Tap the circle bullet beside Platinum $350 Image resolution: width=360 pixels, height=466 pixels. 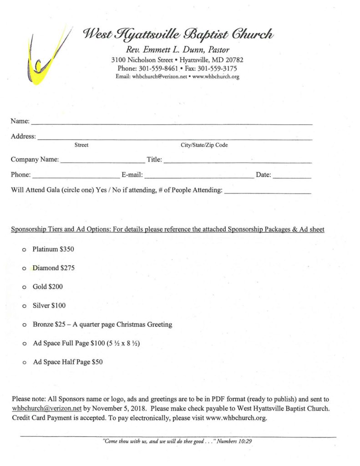pos(24,250)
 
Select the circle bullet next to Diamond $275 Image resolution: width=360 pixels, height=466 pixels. pos(24,269)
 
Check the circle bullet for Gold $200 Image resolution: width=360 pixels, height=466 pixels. pos(24,288)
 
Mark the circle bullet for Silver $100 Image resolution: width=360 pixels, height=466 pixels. pos(24,306)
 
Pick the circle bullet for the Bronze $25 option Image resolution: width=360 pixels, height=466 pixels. pos(24,325)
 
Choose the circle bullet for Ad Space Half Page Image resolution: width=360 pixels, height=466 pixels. pos(24,363)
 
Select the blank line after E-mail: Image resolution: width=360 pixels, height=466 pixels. pos(199,177)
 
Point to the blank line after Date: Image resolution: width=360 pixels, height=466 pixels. pos(292,177)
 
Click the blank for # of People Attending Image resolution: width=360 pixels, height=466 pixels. pos(268,193)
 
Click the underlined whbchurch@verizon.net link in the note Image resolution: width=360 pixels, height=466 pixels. pos(46,408)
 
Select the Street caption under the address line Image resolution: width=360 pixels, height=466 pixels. pos(81,145)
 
